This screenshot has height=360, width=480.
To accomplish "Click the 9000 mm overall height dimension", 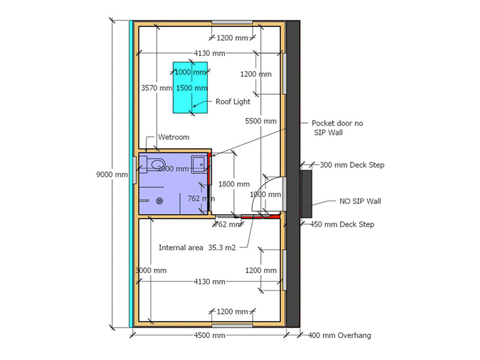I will click(112, 175).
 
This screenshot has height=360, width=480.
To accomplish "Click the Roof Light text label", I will click(233, 102).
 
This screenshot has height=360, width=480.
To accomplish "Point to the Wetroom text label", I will click(173, 137).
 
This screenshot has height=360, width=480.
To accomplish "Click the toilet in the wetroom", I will click(155, 163).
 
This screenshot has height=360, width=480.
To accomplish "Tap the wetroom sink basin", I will click(199, 162).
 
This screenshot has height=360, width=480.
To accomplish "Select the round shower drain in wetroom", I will click(159, 201).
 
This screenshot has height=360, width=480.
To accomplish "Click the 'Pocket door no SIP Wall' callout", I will click(337, 127).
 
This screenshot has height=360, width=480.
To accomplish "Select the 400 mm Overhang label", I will click(339, 335).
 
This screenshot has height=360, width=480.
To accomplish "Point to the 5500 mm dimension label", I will click(261, 121).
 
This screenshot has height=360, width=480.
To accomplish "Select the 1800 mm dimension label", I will click(234, 184).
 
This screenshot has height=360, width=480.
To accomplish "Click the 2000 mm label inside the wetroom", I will click(173, 169).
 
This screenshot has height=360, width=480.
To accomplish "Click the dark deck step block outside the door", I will click(306, 195).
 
